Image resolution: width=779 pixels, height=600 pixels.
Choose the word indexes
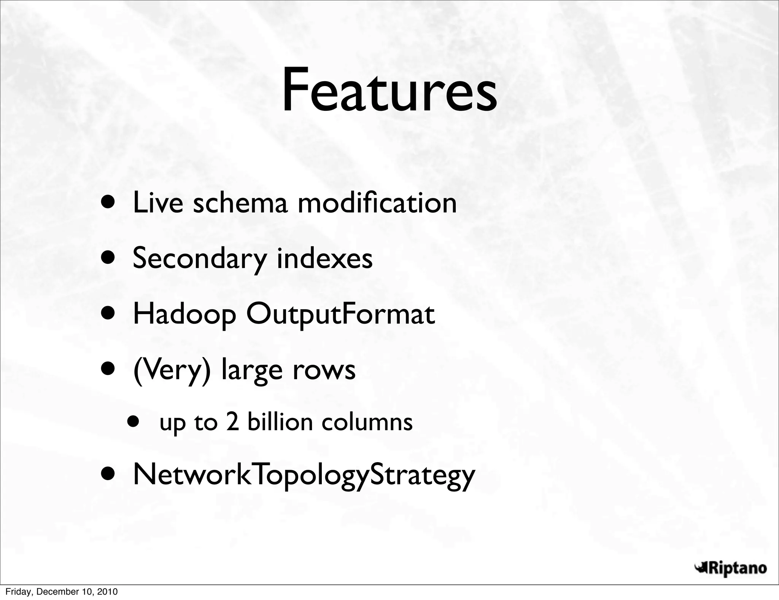pyautogui.click(x=324, y=258)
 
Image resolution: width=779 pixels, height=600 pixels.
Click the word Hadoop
pyautogui.click(x=184, y=315)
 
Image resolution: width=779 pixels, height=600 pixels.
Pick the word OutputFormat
pyautogui.click(x=340, y=315)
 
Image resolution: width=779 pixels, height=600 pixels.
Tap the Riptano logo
pyautogui.click(x=730, y=568)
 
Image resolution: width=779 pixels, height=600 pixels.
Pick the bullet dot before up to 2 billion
pyautogui.click(x=133, y=422)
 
